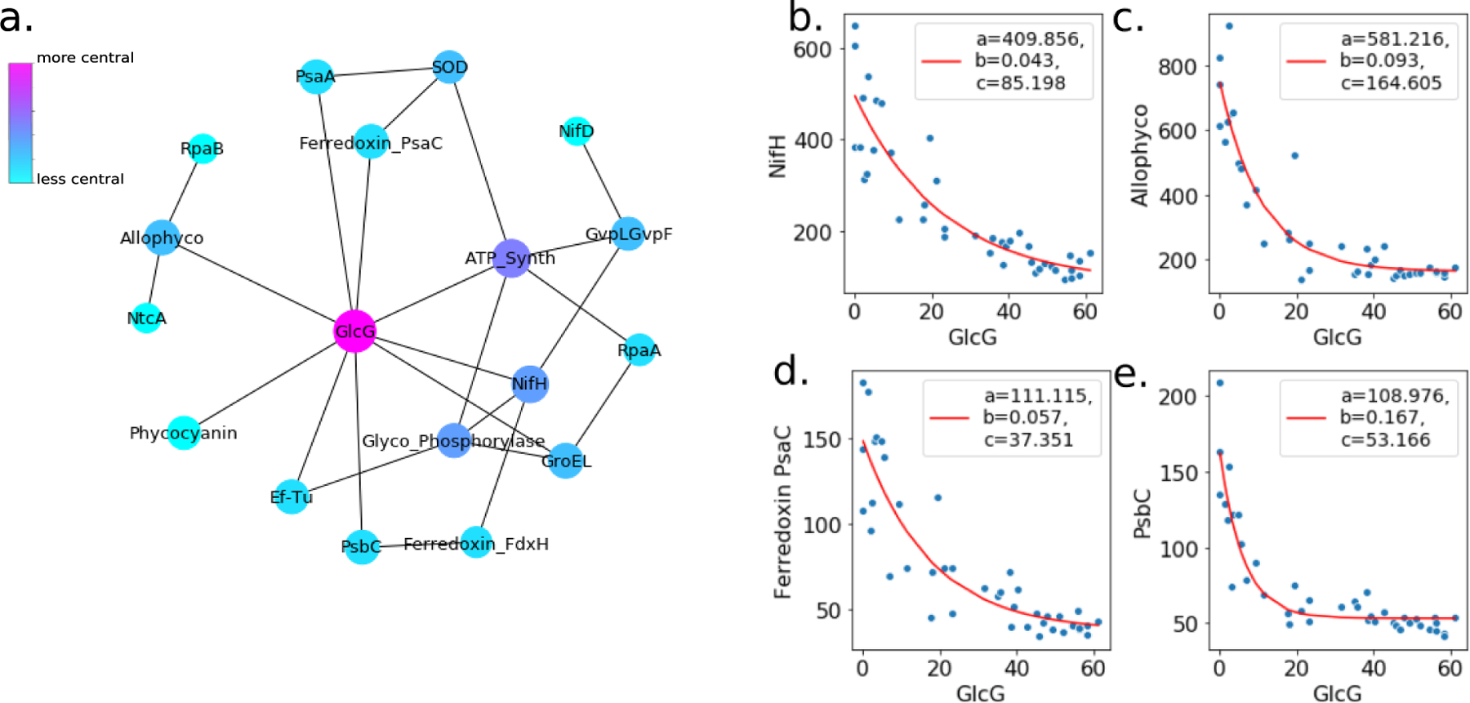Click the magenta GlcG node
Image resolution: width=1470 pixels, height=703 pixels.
(355, 331)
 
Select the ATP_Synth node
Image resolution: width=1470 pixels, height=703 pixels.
(512, 258)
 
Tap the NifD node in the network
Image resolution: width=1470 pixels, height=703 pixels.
(577, 131)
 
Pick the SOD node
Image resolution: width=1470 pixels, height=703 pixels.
(449, 67)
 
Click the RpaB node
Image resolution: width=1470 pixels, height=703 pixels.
(203, 149)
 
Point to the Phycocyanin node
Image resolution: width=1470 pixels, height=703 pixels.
(184, 433)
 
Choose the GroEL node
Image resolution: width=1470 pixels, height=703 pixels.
(565, 461)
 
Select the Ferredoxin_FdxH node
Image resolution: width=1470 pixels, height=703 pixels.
(476, 543)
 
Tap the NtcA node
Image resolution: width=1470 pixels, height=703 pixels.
(146, 318)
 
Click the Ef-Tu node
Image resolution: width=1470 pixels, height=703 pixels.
(291, 496)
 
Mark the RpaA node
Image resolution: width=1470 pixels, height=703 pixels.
(639, 350)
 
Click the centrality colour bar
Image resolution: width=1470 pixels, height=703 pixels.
(20, 122)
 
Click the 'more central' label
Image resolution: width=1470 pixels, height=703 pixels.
(85, 58)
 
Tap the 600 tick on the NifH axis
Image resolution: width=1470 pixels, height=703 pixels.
(812, 50)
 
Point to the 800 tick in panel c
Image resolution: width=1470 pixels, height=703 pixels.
(1177, 66)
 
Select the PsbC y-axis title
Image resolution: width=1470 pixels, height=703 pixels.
(1143, 514)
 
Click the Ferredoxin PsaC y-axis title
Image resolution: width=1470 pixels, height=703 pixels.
(782, 512)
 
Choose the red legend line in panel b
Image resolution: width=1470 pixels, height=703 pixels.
(941, 61)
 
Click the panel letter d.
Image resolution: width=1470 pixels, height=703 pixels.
(790, 372)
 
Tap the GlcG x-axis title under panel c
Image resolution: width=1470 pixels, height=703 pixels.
(1337, 336)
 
